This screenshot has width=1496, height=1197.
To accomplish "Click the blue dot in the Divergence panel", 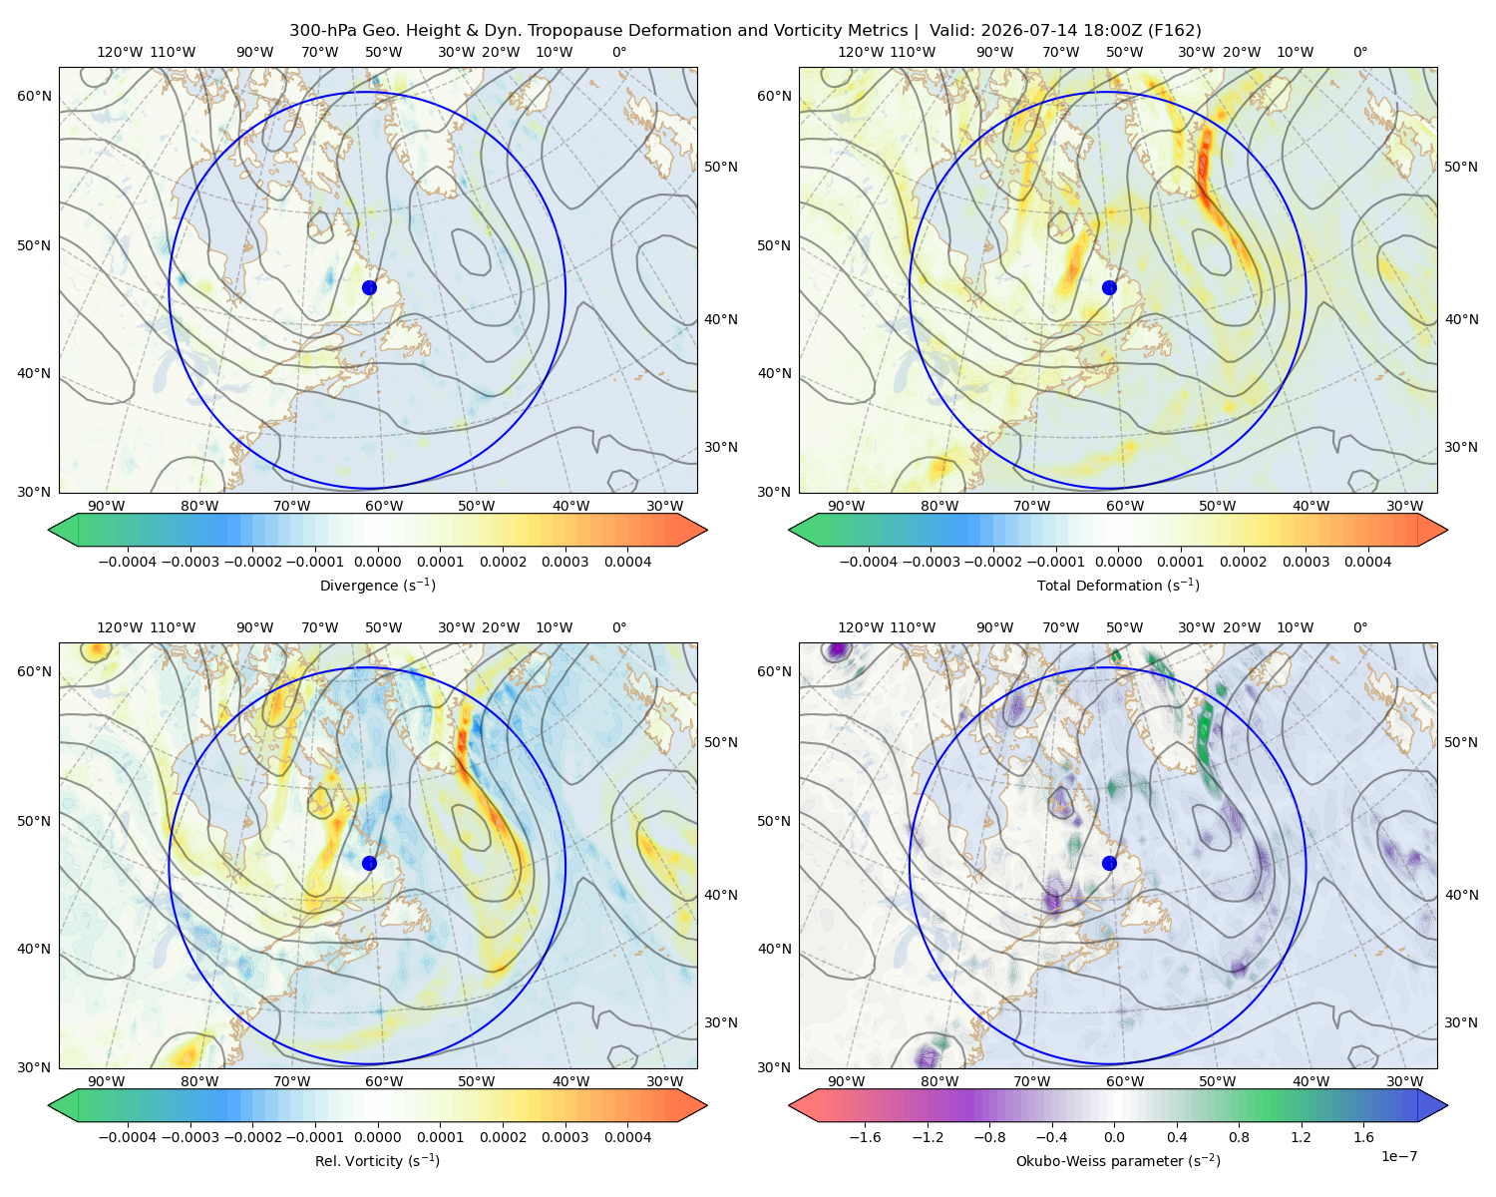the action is [369, 288].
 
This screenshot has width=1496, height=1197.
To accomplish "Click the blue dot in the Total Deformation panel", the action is [1109, 288].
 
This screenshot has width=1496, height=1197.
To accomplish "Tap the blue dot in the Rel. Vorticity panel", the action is [369, 863].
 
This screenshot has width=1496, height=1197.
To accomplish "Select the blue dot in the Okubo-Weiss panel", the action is [1109, 863].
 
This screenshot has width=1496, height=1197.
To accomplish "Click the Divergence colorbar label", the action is [377, 586].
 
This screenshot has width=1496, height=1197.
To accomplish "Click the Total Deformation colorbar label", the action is [1118, 586].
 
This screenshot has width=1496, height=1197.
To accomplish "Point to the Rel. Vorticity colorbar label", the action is [377, 1161].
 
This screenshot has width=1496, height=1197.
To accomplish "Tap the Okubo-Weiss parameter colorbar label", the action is [1118, 1161].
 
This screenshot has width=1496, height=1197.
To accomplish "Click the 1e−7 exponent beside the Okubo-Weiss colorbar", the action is [1398, 1156].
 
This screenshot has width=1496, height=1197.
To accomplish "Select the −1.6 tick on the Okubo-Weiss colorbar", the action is [865, 1137].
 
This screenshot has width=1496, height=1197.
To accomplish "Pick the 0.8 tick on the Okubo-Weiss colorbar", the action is [1239, 1137].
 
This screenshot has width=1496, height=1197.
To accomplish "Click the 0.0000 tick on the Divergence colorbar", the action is [377, 562].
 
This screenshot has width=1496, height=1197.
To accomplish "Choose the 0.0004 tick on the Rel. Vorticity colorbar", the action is [627, 1137].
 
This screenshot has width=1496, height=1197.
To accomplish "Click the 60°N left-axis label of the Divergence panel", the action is [34, 96].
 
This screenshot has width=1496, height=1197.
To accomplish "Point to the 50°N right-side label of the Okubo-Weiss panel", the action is [1461, 742].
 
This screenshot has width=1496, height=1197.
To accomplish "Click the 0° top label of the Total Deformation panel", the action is [1359, 52].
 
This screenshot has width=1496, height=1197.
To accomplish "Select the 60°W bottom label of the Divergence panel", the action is [384, 507].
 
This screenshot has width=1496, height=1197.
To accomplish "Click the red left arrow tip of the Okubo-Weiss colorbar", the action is [790, 1106].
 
